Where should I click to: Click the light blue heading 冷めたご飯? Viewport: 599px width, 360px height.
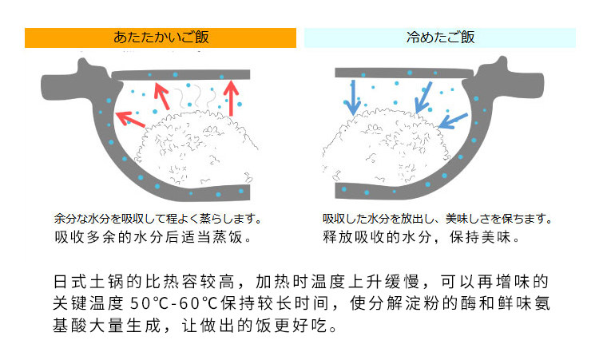[440, 38]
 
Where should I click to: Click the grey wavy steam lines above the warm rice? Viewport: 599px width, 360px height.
[200, 98]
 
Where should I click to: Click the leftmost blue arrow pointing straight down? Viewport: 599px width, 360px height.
[351, 96]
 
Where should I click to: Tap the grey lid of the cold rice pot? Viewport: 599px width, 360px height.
[399, 74]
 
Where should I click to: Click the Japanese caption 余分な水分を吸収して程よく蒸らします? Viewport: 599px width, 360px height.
[158, 218]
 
